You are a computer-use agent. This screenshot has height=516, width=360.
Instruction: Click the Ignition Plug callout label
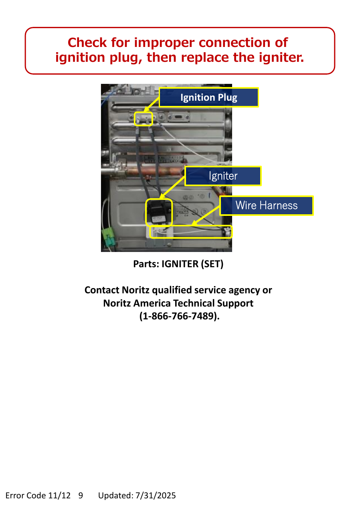pyautogui.click(x=208, y=97)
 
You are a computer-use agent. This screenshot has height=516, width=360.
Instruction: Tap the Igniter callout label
pyautogui.click(x=223, y=176)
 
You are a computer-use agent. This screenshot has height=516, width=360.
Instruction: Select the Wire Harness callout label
pyautogui.click(x=266, y=205)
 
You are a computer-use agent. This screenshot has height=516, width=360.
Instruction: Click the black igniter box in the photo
pyautogui.click(x=158, y=211)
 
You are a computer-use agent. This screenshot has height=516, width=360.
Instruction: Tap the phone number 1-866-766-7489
pyautogui.click(x=179, y=316)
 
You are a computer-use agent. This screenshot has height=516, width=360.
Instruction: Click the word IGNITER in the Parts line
pyautogui.click(x=180, y=264)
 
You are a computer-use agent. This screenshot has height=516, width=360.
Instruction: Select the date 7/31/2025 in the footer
pyautogui.click(x=156, y=495)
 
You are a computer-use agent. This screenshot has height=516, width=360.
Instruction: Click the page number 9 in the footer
pyautogui.click(x=81, y=495)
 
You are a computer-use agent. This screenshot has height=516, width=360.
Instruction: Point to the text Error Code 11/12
pyautogui.click(x=38, y=495)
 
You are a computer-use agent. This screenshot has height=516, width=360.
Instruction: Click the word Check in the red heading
pyautogui.click(x=87, y=43)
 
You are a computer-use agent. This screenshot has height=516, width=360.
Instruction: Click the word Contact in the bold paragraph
pyautogui.click(x=102, y=290)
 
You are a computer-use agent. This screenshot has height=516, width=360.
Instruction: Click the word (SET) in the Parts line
pyautogui.click(x=212, y=264)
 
